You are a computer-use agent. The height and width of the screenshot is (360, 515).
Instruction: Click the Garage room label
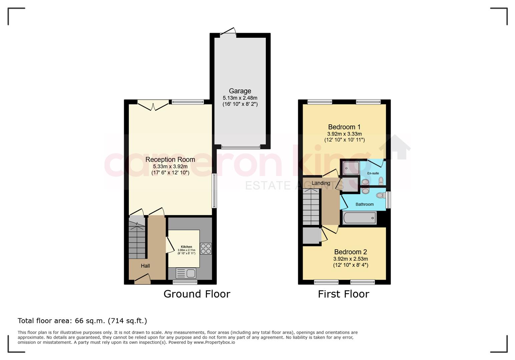[240, 91]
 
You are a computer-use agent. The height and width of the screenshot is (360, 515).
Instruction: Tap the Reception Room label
[170, 159]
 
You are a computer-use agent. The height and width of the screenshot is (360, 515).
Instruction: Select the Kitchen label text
[186, 247]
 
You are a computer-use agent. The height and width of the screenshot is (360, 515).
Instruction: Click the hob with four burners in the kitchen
[205, 249]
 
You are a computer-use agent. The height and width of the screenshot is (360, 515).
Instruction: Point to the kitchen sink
[186, 273]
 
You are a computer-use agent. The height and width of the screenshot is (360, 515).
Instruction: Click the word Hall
[145, 266]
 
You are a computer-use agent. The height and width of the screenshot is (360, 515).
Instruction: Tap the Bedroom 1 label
[344, 127]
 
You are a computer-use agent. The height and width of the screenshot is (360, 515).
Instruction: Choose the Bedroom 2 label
[350, 252]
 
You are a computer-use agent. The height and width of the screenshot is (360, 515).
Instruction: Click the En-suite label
[373, 173]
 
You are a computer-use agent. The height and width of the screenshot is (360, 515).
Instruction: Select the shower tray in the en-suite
[351, 168]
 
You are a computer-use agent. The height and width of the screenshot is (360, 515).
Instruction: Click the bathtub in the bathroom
[359, 218]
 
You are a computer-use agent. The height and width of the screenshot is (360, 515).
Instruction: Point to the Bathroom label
[365, 204]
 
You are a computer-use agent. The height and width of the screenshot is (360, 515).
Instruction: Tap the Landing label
[321, 183]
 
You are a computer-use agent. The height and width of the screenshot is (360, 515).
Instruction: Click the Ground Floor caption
[197, 294]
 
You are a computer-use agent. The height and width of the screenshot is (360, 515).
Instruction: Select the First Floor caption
[344, 294]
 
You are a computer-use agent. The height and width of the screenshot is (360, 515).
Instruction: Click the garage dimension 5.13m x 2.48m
[240, 98]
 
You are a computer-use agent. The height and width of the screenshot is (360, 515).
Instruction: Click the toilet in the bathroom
[381, 195]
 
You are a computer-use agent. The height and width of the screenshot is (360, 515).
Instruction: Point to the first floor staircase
[311, 207]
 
